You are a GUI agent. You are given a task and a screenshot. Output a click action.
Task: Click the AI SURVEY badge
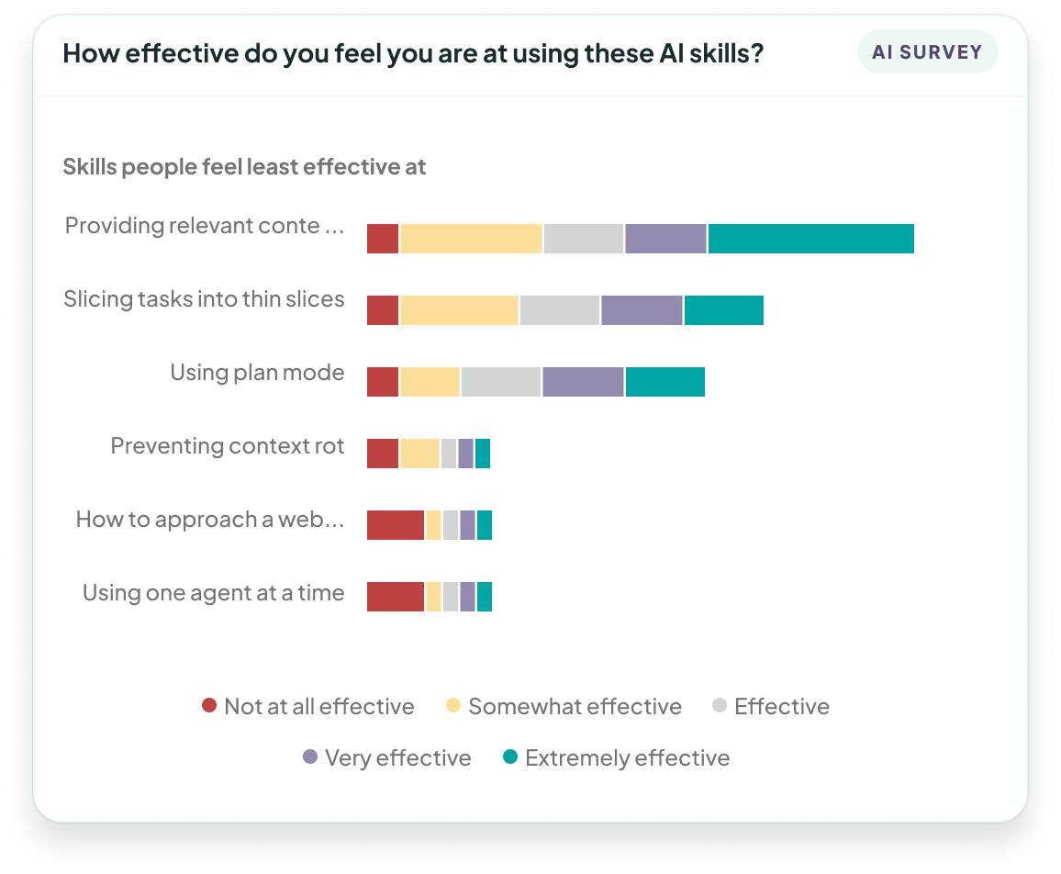pyautogui.click(x=927, y=52)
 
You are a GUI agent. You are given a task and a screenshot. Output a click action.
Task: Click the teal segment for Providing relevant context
pyautogui.click(x=810, y=239)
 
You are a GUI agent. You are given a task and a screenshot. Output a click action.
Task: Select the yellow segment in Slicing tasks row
pyautogui.click(x=459, y=310)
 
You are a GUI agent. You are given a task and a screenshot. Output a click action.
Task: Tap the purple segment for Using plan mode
pyautogui.click(x=583, y=382)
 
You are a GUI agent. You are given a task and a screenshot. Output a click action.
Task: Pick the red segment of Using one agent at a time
pyautogui.click(x=396, y=597)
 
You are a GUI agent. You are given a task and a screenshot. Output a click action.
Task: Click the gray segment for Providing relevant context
pyautogui.click(x=584, y=239)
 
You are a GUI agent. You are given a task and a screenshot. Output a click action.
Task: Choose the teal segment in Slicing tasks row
pyautogui.click(x=723, y=310)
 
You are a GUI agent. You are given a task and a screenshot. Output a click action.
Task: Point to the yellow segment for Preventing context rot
pyautogui.click(x=419, y=454)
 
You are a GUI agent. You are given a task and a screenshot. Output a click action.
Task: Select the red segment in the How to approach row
pyautogui.click(x=396, y=525)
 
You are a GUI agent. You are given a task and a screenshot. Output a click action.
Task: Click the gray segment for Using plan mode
pyautogui.click(x=501, y=382)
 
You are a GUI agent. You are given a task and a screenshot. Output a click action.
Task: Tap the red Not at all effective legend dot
pyautogui.click(x=209, y=706)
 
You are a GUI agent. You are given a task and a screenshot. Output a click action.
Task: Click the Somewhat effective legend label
pyautogui.click(x=575, y=706)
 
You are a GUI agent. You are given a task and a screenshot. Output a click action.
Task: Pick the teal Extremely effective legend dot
pyautogui.click(x=511, y=757)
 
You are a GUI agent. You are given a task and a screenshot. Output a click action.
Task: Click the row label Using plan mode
pyautogui.click(x=257, y=373)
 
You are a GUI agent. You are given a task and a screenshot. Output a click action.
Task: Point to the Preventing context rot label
pyautogui.click(x=228, y=446)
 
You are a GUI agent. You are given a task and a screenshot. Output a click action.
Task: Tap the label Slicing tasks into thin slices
pyautogui.click(x=204, y=299)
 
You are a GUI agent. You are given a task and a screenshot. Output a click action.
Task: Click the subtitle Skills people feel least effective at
pyautogui.click(x=244, y=167)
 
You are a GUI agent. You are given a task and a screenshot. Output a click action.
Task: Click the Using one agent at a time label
pyautogui.click(x=213, y=593)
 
